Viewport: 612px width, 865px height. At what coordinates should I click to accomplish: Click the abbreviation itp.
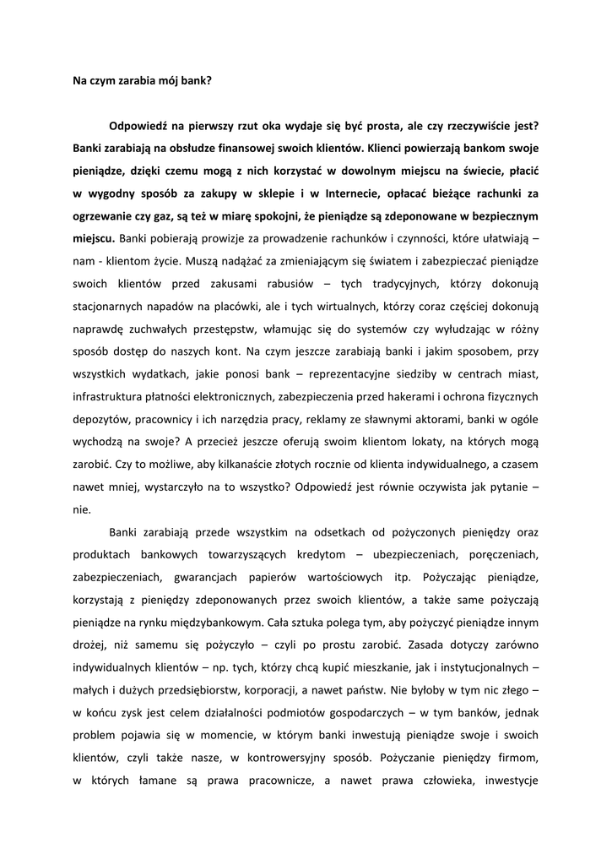click(x=395, y=578)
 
